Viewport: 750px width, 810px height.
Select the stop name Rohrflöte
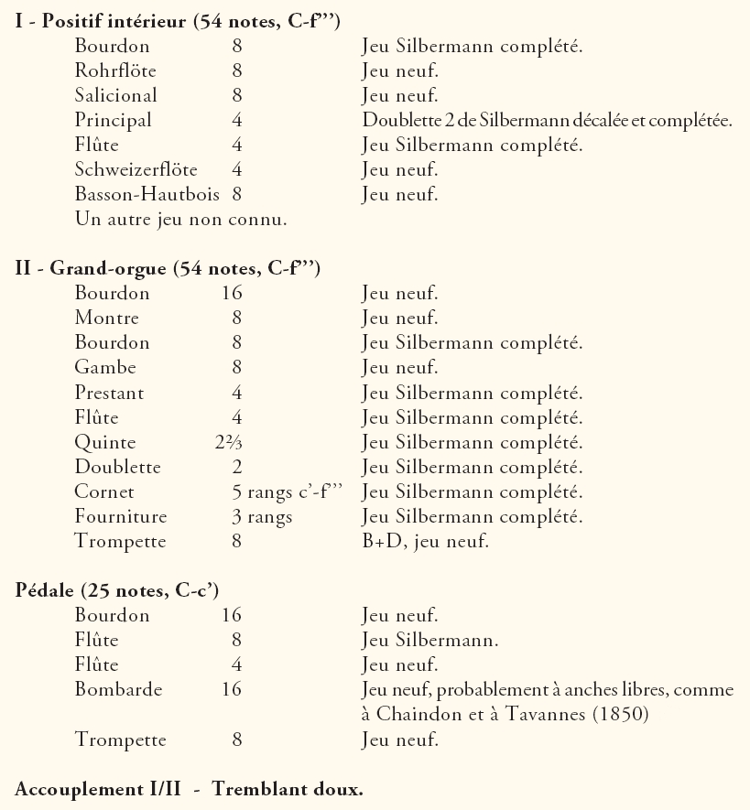coord(113,70)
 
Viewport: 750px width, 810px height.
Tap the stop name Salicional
coord(115,94)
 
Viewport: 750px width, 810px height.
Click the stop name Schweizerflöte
coord(136,169)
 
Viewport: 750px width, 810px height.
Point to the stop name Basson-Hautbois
coord(147,194)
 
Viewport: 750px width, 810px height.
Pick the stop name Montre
coord(106,319)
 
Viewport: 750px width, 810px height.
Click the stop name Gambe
coord(105,368)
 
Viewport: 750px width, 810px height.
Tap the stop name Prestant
coord(109,393)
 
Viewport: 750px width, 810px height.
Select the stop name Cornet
coord(104,491)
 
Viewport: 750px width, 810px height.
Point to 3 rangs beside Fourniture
coord(262,517)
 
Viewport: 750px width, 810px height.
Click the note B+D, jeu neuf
coord(425,542)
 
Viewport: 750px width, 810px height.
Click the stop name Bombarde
coord(113,689)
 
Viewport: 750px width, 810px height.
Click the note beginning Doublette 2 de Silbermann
coord(547,120)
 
